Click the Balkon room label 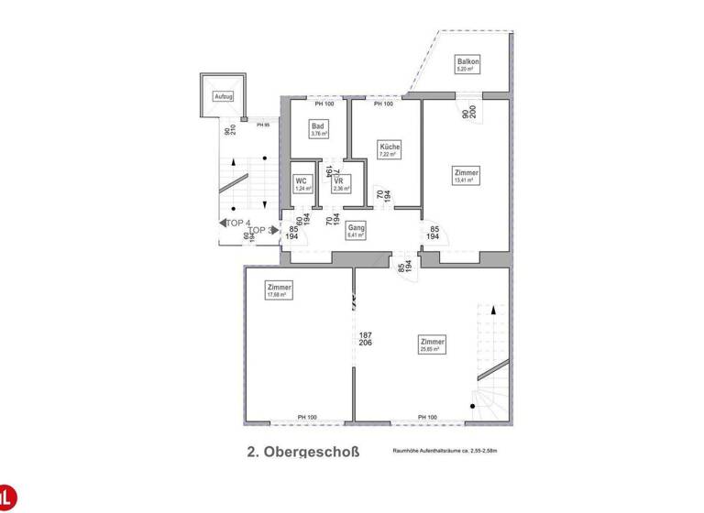click(468, 64)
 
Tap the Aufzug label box click(223, 96)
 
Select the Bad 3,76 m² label click(319, 129)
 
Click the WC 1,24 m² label click(301, 184)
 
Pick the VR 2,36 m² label click(339, 184)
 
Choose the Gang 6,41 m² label click(356, 230)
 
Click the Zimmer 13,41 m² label click(466, 175)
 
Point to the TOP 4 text click(237, 223)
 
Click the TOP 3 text click(262, 231)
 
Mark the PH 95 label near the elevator click(263, 125)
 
